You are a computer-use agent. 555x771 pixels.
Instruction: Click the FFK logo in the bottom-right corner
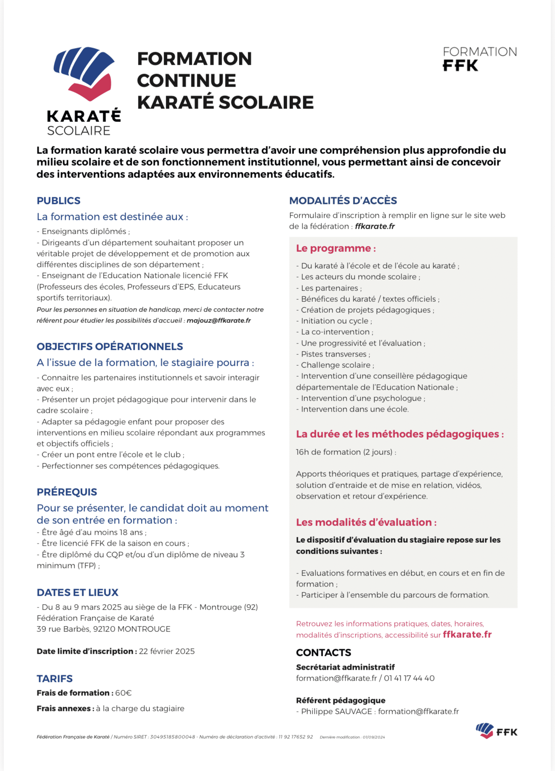tap(497, 731)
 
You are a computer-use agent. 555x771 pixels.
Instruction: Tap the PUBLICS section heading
tap(58, 201)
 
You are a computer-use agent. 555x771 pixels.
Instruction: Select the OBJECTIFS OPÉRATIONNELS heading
tap(110, 346)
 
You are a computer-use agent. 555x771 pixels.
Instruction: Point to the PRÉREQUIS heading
tap(67, 492)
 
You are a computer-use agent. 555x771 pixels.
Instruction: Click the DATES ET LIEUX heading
tap(77, 592)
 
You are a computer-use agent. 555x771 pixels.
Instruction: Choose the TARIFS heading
tap(55, 679)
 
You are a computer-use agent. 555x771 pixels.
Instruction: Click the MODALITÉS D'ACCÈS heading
tap(343, 201)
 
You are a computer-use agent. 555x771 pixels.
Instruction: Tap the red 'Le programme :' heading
tap(336, 248)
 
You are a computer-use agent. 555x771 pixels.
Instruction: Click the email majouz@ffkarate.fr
tap(219, 320)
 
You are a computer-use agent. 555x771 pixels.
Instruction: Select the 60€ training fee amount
tap(124, 693)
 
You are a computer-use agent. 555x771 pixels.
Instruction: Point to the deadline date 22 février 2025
tap(167, 651)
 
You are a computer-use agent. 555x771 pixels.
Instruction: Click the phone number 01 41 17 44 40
tap(409, 678)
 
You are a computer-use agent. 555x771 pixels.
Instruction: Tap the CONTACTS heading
tap(323, 652)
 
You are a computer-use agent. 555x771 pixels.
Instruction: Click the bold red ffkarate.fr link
tap(467, 634)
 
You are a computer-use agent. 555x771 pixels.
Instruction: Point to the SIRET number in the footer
tap(172, 737)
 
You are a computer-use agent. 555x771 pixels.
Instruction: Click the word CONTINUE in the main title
tap(186, 80)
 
